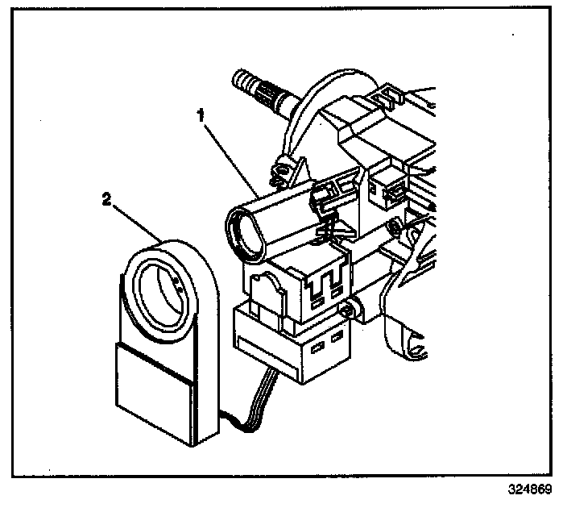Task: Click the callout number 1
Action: tap(202, 116)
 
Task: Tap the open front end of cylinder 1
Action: tap(244, 233)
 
